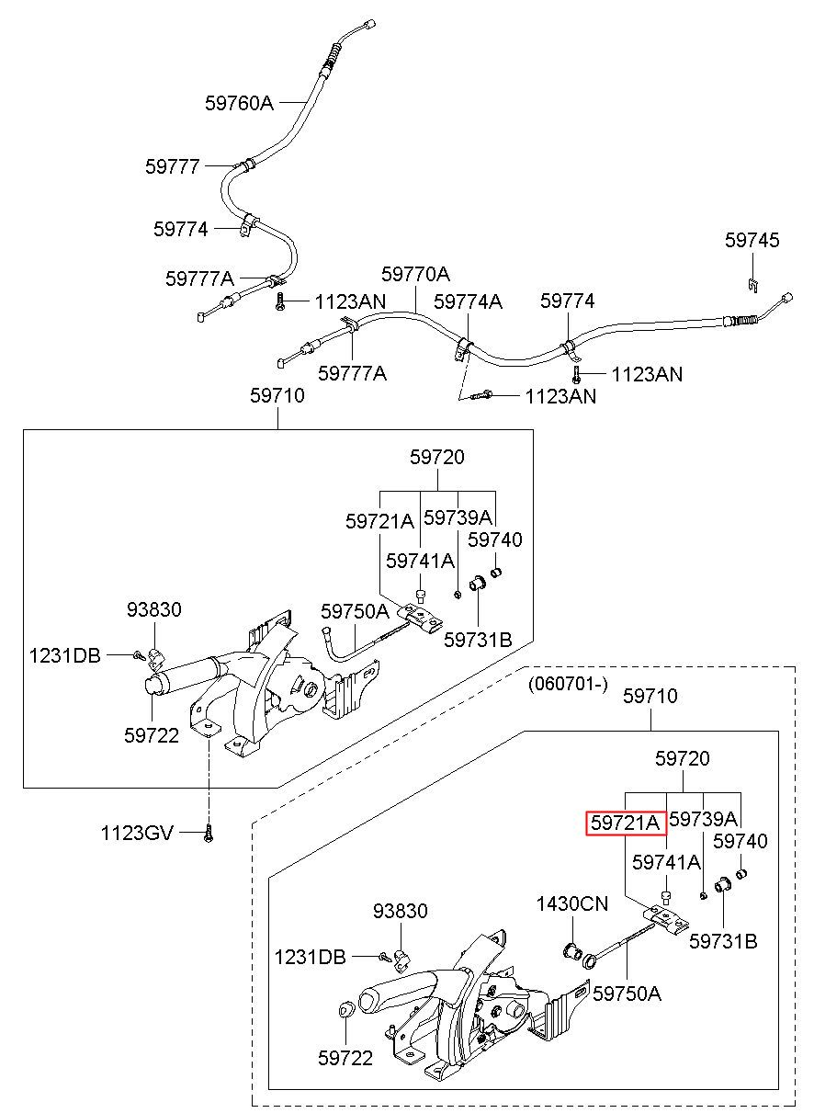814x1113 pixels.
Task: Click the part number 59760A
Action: click(x=240, y=103)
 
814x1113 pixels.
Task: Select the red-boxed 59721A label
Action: click(x=626, y=823)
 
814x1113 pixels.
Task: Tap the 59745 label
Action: click(x=752, y=240)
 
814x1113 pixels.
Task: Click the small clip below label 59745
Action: click(x=753, y=285)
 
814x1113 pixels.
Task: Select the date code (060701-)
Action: click(x=568, y=684)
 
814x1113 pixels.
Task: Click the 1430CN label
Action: click(x=572, y=903)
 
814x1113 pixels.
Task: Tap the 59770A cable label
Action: click(x=415, y=274)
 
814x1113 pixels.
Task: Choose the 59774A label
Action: click(x=468, y=301)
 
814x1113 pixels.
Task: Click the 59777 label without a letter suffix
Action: click(x=173, y=166)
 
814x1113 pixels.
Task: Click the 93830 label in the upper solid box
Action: click(x=154, y=609)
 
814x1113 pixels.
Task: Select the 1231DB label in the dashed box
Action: click(x=310, y=957)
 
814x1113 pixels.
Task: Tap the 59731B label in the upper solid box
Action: click(x=478, y=640)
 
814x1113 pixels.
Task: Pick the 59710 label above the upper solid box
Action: click(x=277, y=395)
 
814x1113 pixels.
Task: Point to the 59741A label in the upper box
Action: click(x=420, y=561)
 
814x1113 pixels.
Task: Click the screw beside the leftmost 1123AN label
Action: click(x=280, y=301)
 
